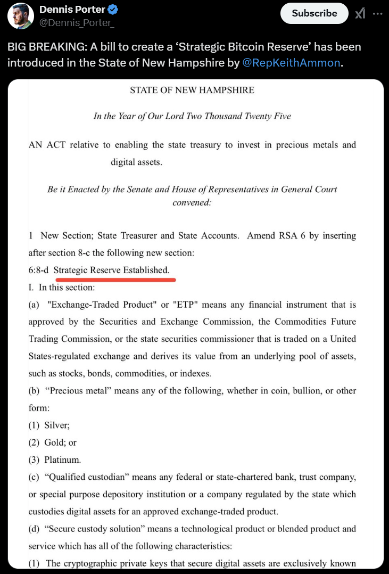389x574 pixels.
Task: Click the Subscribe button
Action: click(x=314, y=13)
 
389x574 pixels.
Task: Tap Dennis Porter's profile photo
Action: click(x=20, y=15)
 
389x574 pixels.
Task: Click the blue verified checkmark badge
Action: click(x=113, y=10)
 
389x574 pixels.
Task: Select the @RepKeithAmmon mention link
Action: click(x=291, y=62)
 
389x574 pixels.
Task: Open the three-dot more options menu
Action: click(x=378, y=14)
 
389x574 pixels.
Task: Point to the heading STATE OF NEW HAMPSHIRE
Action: click(x=192, y=90)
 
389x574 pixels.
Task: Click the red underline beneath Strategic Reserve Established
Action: click(x=114, y=278)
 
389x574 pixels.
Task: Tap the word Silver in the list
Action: click(x=58, y=425)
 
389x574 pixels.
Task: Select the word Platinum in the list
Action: click(x=63, y=460)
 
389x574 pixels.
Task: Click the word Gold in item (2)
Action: click(x=55, y=442)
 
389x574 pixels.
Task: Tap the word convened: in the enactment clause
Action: click(x=192, y=202)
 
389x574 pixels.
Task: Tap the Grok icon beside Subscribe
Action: click(x=360, y=14)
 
